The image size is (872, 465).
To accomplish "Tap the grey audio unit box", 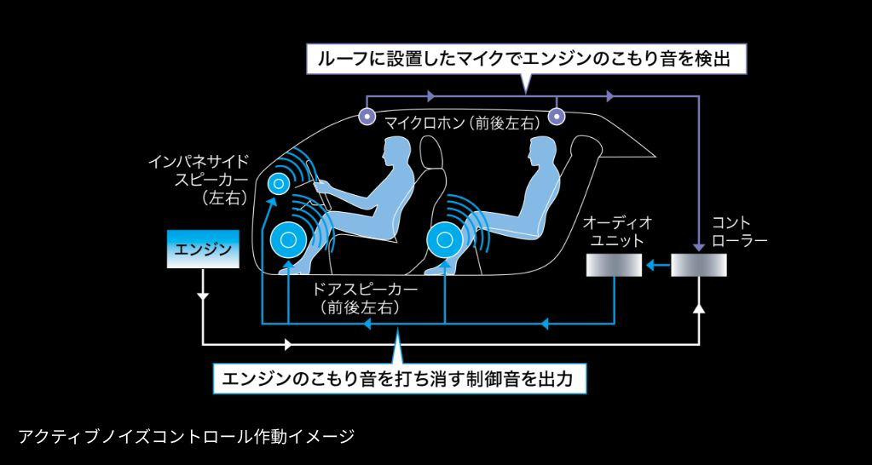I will click(613, 267).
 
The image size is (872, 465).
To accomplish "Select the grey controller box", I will click(699, 267).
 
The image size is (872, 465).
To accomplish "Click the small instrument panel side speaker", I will click(279, 183).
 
